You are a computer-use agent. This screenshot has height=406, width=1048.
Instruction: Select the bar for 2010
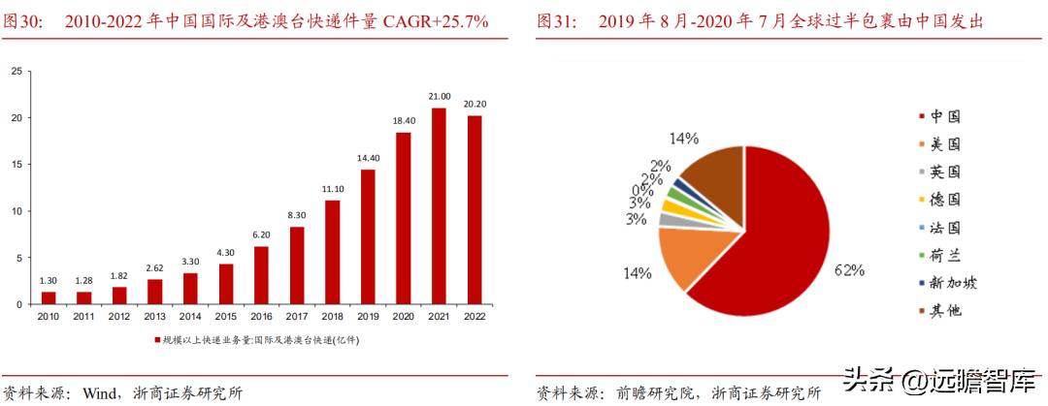tap(49, 297)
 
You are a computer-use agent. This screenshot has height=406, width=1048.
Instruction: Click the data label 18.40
tap(403, 119)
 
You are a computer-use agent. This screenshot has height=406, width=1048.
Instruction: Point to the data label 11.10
tap(332, 188)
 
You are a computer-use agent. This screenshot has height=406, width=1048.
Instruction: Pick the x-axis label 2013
tap(155, 317)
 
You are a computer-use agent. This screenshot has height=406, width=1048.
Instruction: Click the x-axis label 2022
tap(475, 317)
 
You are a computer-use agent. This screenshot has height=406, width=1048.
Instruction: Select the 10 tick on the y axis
tap(16, 211)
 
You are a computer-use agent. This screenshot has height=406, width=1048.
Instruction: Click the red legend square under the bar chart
tap(157, 340)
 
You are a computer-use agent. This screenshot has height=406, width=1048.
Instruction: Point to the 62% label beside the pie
tap(849, 271)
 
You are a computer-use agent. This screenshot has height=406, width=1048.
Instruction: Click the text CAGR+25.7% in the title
tap(429, 19)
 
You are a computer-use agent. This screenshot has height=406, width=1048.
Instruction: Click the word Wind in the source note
tap(100, 393)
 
